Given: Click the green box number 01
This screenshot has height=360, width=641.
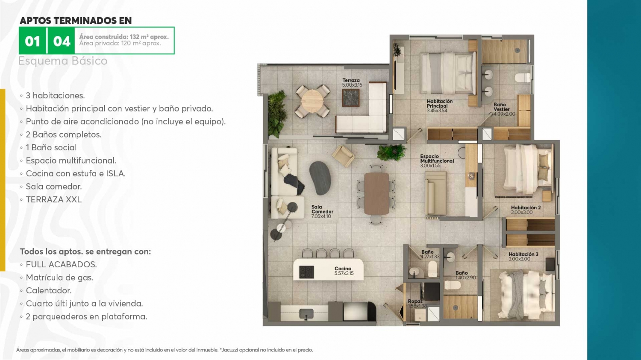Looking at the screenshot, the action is click(32, 41).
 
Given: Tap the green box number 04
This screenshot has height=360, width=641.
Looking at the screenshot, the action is click(62, 41).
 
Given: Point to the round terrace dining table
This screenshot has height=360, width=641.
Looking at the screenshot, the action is click(312, 101).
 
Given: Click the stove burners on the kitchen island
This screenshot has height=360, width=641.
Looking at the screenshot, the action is click(306, 272).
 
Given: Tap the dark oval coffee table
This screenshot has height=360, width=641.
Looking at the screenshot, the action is click(320, 178).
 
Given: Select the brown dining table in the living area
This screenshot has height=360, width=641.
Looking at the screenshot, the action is click(376, 193).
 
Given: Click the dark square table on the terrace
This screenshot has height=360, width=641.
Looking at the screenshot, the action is click(350, 98).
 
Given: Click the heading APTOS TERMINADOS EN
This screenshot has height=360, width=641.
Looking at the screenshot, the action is click(76, 20).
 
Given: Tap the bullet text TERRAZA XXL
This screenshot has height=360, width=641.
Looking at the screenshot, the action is click(54, 199).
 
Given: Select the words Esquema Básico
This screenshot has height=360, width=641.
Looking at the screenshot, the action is click(63, 61).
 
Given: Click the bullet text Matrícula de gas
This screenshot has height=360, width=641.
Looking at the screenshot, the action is click(59, 278).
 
